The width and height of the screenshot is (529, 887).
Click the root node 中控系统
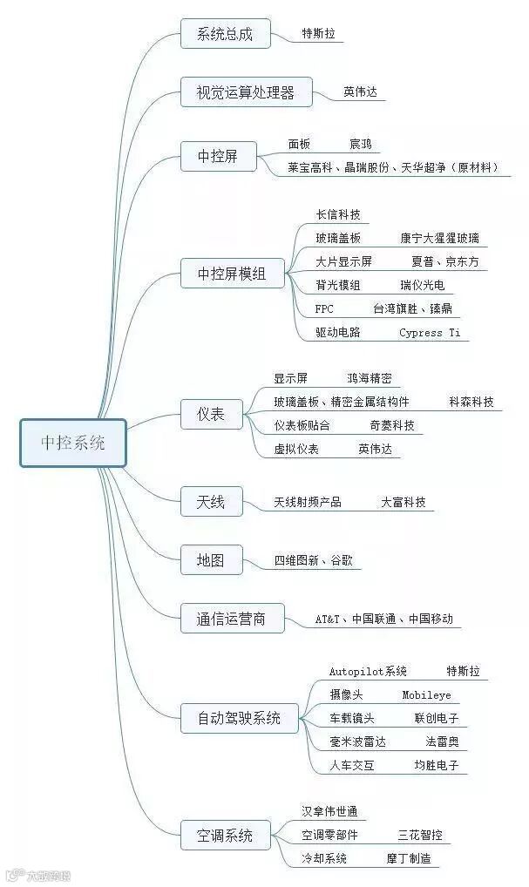(x=73, y=443)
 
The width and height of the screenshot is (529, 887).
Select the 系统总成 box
(x=225, y=34)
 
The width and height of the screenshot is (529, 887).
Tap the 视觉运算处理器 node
(x=246, y=91)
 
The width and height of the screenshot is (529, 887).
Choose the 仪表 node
(x=211, y=414)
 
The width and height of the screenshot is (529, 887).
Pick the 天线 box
(x=211, y=502)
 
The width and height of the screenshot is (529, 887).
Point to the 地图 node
(x=210, y=560)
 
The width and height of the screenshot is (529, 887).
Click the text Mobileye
(x=426, y=695)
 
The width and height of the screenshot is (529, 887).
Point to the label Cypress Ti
(x=430, y=333)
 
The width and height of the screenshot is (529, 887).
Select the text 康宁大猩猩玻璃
(x=439, y=238)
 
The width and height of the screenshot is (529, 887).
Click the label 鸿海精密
(x=369, y=379)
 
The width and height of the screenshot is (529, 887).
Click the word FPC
(x=324, y=308)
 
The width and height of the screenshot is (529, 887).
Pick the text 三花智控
(x=420, y=835)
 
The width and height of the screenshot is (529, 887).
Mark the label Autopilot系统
(x=368, y=672)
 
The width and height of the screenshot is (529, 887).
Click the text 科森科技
(x=471, y=403)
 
